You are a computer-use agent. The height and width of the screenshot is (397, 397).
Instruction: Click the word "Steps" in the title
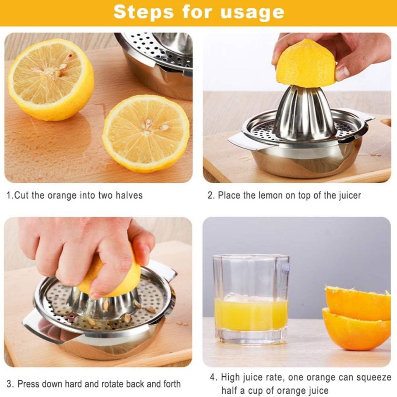point(139,12)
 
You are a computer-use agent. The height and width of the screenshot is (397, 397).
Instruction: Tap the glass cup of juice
point(251,298)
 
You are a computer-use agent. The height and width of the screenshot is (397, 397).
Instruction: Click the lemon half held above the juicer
point(306,64)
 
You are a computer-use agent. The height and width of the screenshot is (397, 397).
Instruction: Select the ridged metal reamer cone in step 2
point(305,112)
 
